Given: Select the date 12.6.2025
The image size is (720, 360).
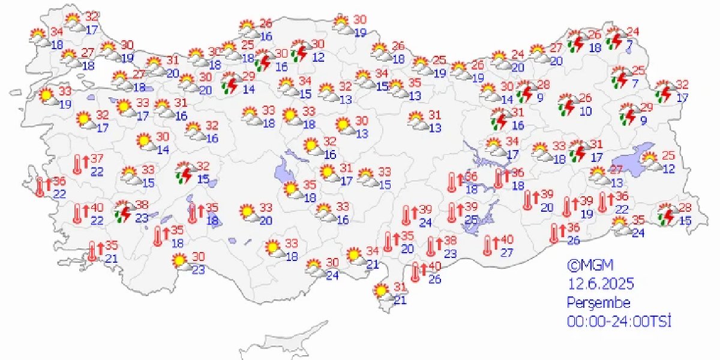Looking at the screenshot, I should click(x=601, y=283).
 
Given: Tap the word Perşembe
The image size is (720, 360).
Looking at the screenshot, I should click(x=599, y=302).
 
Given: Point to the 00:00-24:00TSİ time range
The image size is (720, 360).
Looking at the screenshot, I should click(x=619, y=322).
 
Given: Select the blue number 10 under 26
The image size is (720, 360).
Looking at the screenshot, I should click(x=586, y=111).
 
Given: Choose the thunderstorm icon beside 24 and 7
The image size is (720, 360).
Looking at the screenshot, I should click(x=616, y=40).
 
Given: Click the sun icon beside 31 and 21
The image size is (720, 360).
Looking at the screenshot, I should click(x=380, y=292).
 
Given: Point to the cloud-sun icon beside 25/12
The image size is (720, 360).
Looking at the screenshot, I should click(x=650, y=160).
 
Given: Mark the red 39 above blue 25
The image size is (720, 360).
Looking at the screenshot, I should click(x=472, y=206).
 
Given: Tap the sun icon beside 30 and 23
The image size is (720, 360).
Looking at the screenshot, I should click(x=179, y=260).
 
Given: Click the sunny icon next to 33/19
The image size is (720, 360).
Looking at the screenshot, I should click(x=47, y=95).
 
